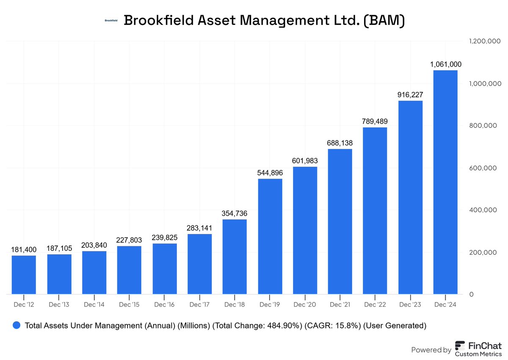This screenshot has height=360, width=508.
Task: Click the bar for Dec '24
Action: pos(445,182)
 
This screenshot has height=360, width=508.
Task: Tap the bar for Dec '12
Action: pos(24,275)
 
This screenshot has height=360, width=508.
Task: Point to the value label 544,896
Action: pos(270,173)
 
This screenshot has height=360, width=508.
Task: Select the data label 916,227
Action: pos(410,95)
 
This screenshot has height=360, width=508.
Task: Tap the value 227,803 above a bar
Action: pos(129,240)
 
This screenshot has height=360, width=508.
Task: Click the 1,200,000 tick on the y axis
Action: pos(485,41)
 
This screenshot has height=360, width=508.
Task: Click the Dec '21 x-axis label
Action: pos(340,304)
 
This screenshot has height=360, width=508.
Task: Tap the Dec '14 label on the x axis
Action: pos(94,304)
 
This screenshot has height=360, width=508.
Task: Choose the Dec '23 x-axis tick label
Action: pos(410,304)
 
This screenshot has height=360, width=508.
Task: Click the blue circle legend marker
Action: pos(17,325)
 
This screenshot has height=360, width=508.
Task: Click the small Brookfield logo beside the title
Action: pos(111,20)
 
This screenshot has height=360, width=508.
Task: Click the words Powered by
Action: pos(431,350)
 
